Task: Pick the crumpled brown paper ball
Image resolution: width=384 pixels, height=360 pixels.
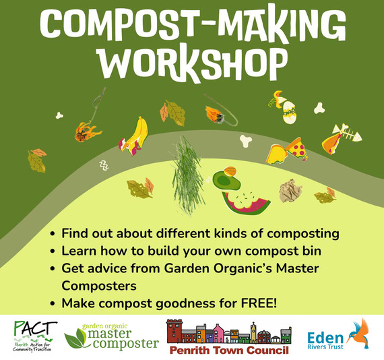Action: [x=291, y=191]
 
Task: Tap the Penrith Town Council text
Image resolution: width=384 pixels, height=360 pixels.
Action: [x=228, y=350]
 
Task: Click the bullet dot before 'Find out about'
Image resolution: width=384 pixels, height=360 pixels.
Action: [x=53, y=235]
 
